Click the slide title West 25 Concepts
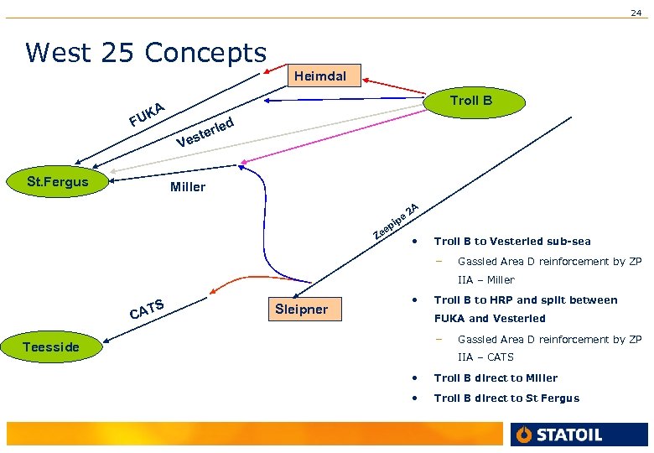(146, 52)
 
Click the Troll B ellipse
(471, 101)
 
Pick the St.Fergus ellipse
(58, 181)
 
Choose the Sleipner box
(302, 309)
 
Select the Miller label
(187, 187)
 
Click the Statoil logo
(558, 435)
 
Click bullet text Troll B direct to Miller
(496, 378)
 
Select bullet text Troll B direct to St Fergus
(506, 398)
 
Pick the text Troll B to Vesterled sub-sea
(512, 242)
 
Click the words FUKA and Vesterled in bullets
(490, 319)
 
